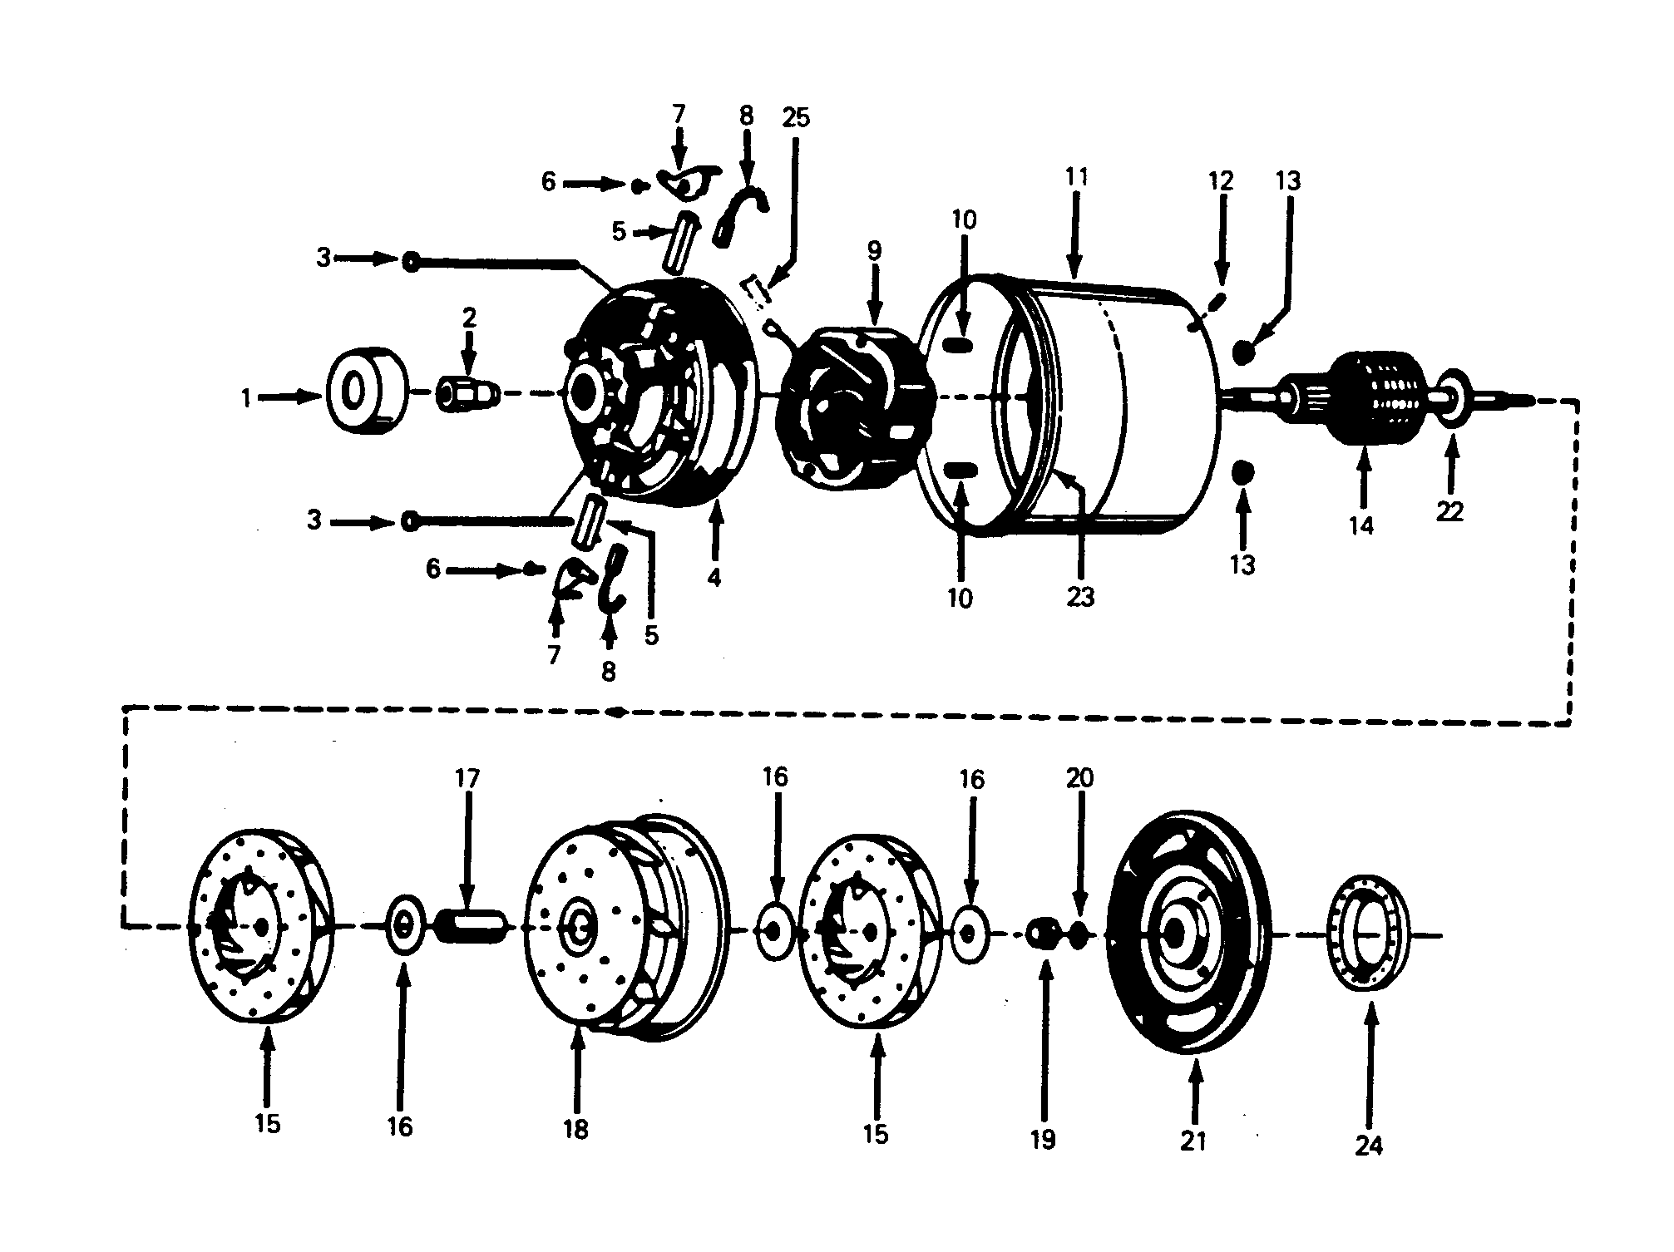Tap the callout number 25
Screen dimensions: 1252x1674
795,117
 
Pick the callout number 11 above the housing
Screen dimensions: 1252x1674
1075,177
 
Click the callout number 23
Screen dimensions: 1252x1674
1080,596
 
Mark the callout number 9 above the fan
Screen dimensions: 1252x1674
873,250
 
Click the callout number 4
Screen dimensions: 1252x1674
714,577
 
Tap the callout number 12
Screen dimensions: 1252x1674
1221,180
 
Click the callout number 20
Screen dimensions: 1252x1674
1079,778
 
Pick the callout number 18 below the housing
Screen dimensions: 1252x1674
575,1129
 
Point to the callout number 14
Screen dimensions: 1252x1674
1361,525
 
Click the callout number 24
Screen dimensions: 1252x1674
1368,1146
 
